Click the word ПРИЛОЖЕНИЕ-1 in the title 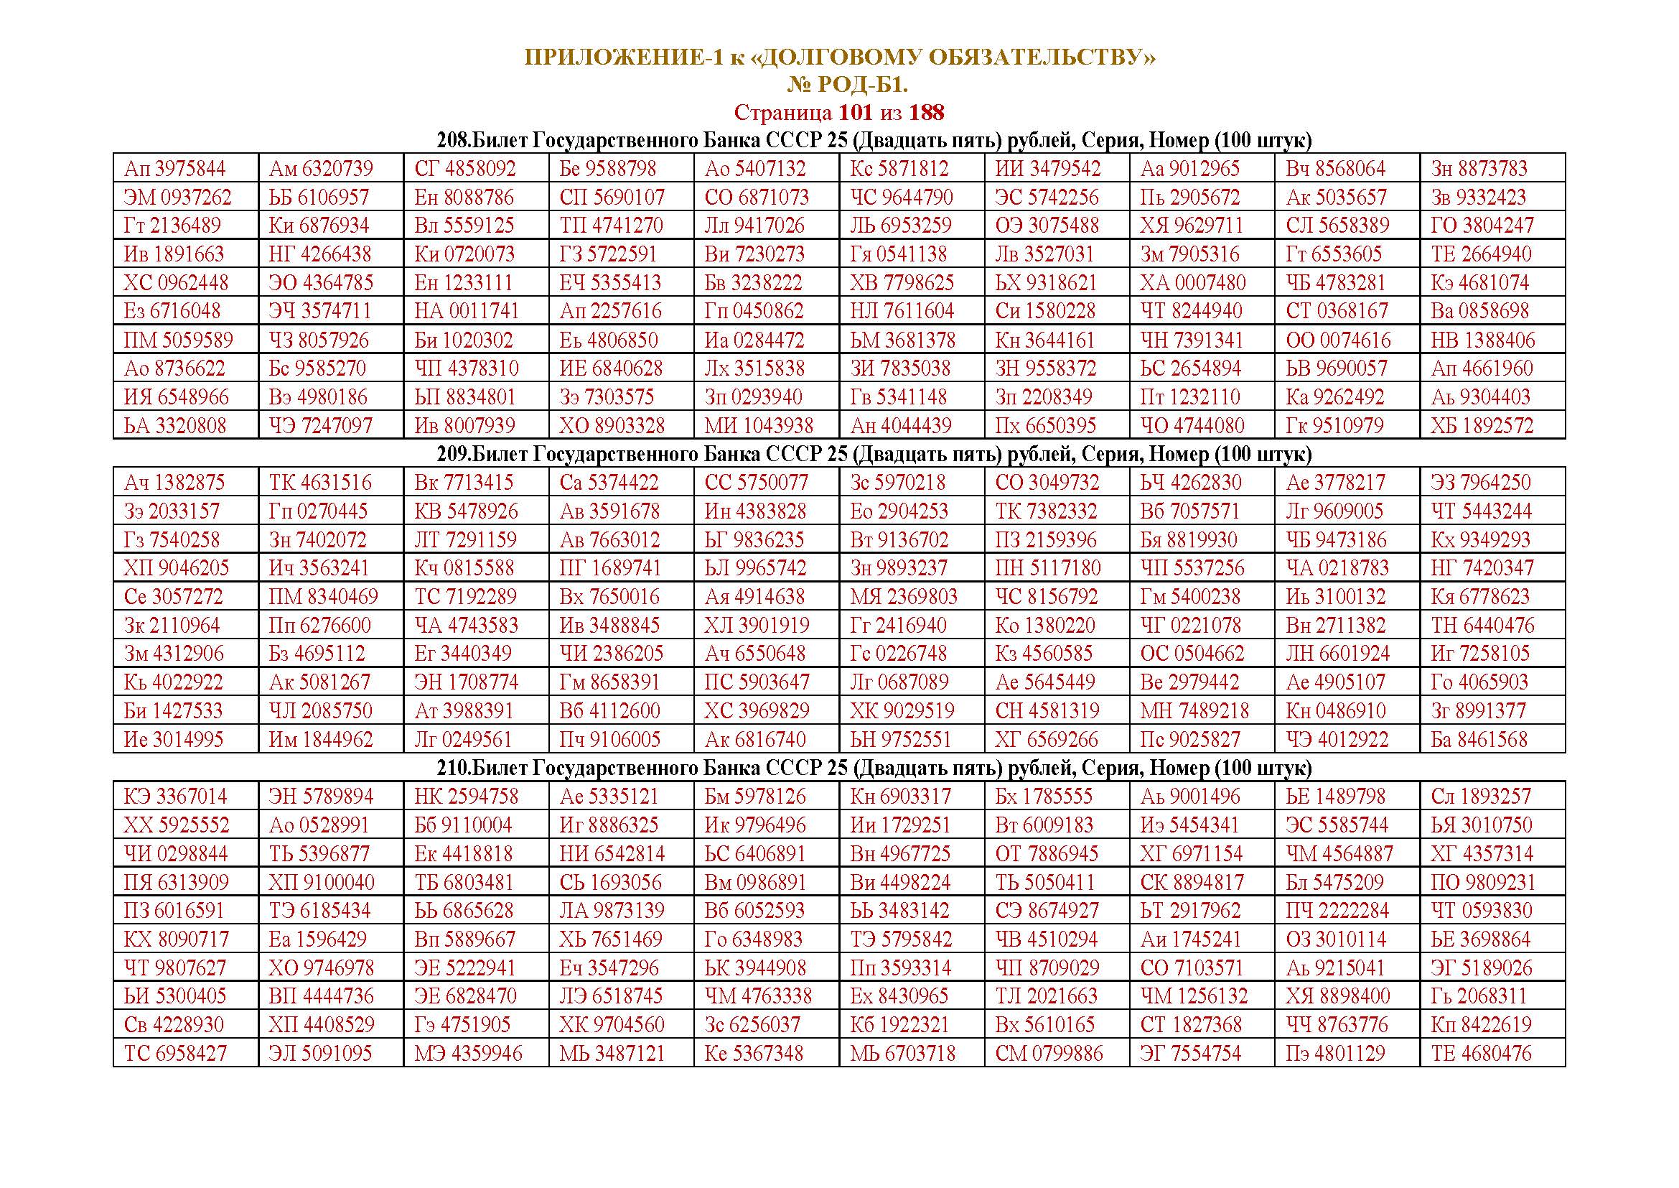point(622,57)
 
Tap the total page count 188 point(927,113)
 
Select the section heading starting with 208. point(838,141)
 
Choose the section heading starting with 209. point(838,454)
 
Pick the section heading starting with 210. point(838,768)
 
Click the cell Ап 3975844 point(174,169)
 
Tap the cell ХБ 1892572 point(1482,426)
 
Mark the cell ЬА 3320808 point(174,426)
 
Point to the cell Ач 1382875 point(174,483)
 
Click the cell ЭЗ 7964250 point(1480,483)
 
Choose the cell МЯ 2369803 point(903,597)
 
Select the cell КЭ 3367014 point(175,797)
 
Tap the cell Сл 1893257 point(1480,797)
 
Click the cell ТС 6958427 point(175,1054)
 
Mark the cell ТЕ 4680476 point(1481,1054)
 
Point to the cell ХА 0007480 point(1193,283)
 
